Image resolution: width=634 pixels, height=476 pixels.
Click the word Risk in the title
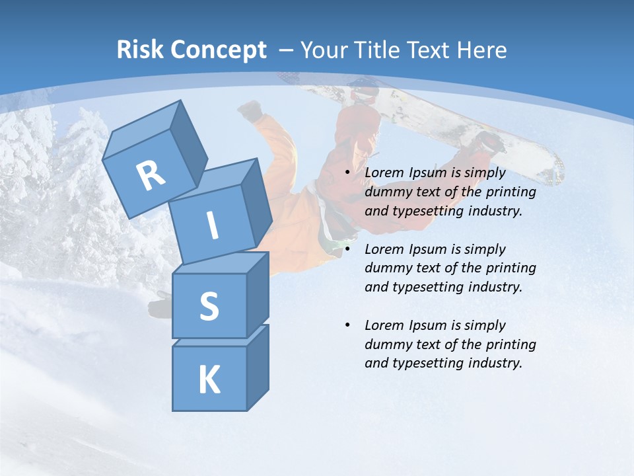coord(141,50)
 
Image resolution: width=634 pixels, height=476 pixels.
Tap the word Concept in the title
coord(219,50)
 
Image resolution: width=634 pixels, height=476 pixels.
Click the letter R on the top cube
coord(151,175)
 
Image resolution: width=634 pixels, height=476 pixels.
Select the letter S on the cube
coord(209,307)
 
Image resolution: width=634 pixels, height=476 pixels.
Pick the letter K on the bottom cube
coord(209,380)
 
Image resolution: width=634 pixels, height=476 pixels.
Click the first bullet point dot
coord(347,173)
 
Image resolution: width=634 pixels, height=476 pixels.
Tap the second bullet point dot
coord(347,249)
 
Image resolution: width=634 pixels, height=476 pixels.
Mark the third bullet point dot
coord(347,325)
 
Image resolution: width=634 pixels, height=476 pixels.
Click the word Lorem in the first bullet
coord(385,173)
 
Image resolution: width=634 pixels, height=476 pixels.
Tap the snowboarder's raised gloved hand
coord(250,111)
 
